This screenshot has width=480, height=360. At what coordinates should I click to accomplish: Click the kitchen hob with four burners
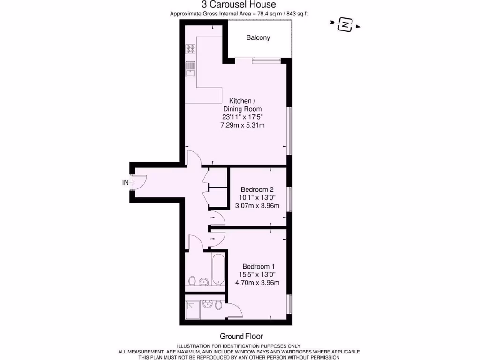coord(190,48)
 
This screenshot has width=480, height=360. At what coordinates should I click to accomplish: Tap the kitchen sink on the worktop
coord(190,70)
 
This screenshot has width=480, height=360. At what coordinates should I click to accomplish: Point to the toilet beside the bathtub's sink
coord(192,281)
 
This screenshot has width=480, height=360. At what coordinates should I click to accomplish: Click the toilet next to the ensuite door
coord(219,305)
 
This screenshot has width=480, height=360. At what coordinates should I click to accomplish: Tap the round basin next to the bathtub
coord(203,282)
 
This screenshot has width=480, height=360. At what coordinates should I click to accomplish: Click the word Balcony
coord(258,37)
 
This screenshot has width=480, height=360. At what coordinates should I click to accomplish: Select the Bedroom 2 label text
coord(257,189)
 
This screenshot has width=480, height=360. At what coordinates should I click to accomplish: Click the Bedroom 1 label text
coord(258,266)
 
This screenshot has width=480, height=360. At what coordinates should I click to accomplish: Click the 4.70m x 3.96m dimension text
coord(257,282)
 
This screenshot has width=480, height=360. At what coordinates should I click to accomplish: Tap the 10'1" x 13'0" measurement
coord(257,197)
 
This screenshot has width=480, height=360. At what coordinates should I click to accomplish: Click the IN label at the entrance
coord(125,183)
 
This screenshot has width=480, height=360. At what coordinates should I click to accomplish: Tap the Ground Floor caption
coord(241,336)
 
